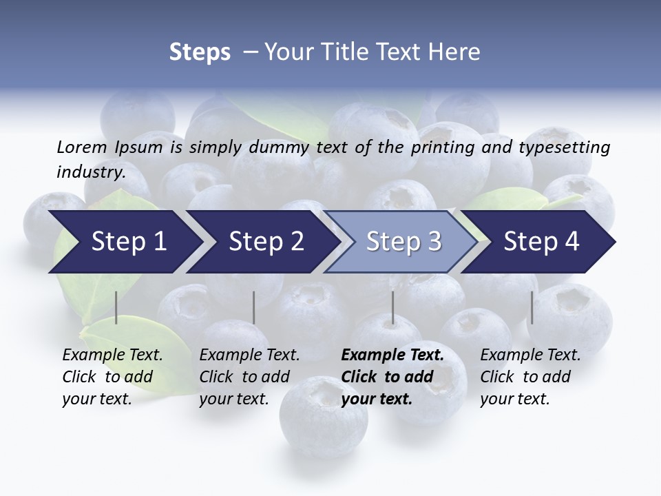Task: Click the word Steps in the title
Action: coord(200,52)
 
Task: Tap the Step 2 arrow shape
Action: coord(266,242)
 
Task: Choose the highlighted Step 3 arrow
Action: coord(403,242)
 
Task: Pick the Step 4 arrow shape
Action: coord(541,242)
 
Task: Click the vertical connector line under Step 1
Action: coord(116,307)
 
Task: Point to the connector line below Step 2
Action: coord(254,307)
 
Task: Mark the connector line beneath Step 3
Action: coord(392,307)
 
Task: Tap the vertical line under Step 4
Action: coord(532,307)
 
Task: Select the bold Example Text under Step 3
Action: coord(392,377)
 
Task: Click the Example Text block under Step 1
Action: coord(112,377)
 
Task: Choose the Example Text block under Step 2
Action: coord(249,377)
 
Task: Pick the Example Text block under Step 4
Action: coord(530,377)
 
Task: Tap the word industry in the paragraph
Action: coord(90,172)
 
